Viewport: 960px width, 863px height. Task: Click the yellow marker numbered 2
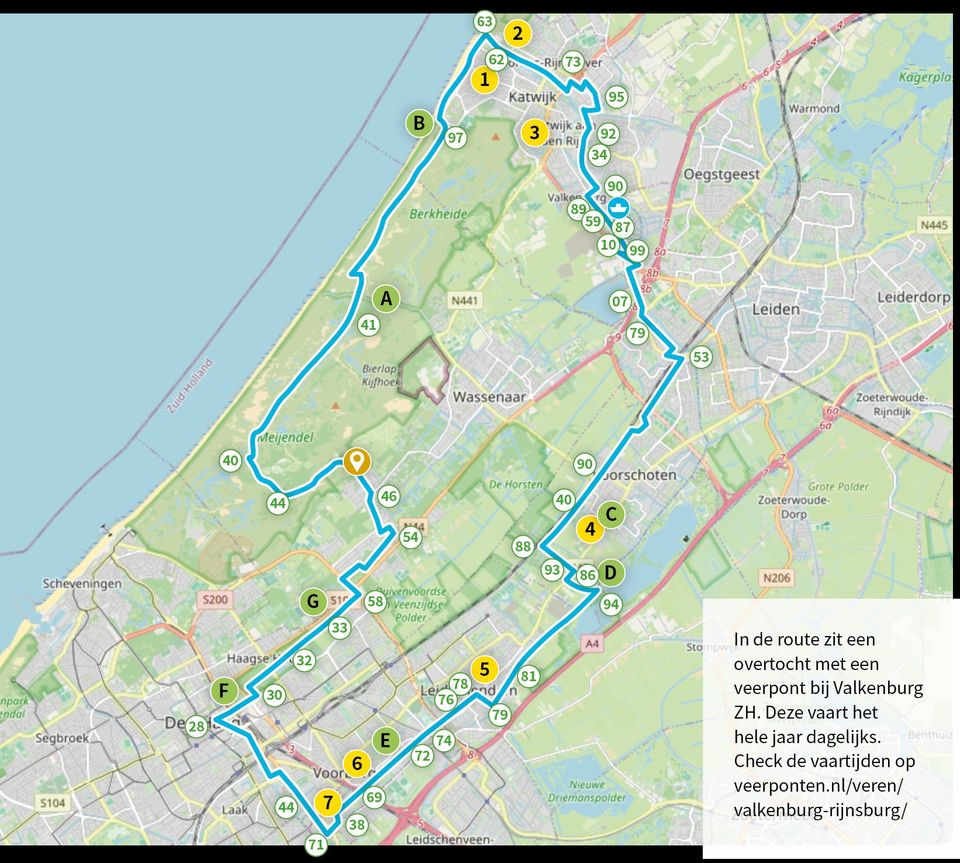click(x=517, y=33)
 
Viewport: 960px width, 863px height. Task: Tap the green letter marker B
click(x=420, y=124)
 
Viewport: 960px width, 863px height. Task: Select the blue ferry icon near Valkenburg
click(x=619, y=206)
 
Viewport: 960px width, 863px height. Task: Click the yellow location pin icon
click(x=355, y=462)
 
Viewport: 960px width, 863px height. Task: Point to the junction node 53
click(x=700, y=357)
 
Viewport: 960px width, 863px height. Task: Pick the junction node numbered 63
click(x=485, y=21)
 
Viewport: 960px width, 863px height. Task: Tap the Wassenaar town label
click(x=489, y=397)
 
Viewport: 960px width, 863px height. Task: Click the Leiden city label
click(x=776, y=309)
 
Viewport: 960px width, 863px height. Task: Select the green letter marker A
click(x=386, y=298)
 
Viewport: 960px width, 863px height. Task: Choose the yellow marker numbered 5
click(x=484, y=669)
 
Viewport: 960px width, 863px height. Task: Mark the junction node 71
click(x=316, y=844)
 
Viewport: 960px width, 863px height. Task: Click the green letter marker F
click(x=224, y=691)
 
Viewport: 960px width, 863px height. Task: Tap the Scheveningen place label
click(x=82, y=583)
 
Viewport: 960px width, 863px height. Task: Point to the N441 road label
click(x=465, y=300)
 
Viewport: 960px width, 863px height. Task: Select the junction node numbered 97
click(x=455, y=138)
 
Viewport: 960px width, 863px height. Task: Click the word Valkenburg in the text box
click(x=878, y=688)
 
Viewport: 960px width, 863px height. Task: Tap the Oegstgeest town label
click(x=721, y=174)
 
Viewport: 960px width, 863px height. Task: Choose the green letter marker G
click(x=313, y=602)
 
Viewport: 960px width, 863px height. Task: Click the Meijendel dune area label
click(x=287, y=437)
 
